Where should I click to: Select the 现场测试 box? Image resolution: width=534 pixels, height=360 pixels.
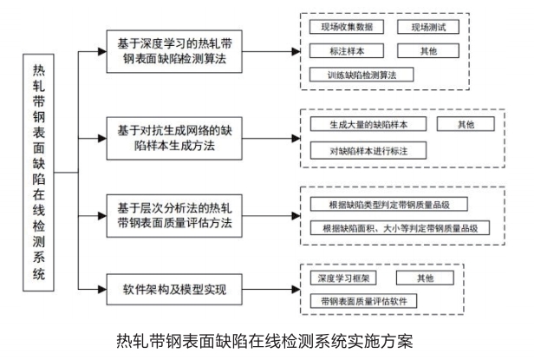427,27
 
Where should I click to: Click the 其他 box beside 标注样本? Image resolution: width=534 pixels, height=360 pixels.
427,51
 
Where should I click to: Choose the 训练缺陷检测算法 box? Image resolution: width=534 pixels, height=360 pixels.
361,75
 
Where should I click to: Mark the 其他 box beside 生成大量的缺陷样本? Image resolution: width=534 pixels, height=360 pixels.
467,124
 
